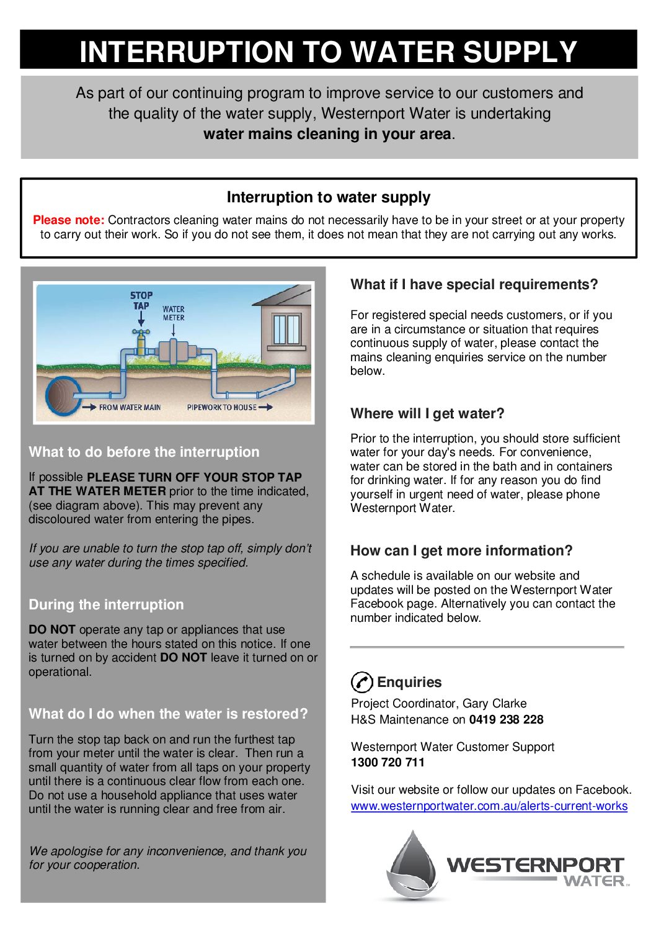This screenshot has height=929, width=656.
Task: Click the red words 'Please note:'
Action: [68, 220]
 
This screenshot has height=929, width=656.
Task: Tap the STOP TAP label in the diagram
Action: [141, 300]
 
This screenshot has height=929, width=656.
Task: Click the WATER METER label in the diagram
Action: [174, 313]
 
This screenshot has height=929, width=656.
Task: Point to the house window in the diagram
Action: [286, 330]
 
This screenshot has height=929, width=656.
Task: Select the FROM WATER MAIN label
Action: [130, 408]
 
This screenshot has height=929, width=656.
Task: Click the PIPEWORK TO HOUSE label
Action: [221, 408]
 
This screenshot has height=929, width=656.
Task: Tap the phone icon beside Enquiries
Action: [361, 682]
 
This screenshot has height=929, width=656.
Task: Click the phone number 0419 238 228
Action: [506, 720]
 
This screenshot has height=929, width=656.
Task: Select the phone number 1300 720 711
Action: [388, 763]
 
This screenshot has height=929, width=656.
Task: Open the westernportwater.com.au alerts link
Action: [489, 806]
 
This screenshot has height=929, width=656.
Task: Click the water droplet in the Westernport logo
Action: [412, 866]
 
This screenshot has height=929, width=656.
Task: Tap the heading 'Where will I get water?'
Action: [427, 414]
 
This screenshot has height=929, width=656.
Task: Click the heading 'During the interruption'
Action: [106, 605]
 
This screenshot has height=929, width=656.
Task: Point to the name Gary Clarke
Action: [494, 704]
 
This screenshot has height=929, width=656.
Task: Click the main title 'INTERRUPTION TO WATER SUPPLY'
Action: [328, 52]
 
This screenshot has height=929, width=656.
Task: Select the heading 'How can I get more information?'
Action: [461, 551]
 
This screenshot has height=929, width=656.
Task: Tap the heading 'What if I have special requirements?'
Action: [474, 285]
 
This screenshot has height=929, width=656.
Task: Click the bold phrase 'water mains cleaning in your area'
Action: [327, 134]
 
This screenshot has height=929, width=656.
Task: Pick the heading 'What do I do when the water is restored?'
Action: [168, 714]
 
